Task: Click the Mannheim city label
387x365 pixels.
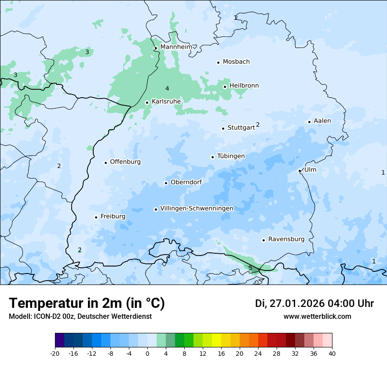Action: click(x=176, y=47)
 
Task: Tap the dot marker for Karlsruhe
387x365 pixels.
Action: click(x=147, y=102)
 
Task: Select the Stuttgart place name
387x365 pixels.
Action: click(x=241, y=128)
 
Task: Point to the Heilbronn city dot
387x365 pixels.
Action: click(x=225, y=87)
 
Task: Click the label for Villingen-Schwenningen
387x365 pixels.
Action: click(x=197, y=208)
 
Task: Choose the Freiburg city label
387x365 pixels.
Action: click(x=113, y=216)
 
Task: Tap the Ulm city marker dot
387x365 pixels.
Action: click(x=299, y=171)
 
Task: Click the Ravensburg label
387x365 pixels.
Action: click(x=286, y=239)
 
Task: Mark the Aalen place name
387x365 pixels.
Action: click(x=322, y=121)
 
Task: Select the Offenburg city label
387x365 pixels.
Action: click(x=125, y=162)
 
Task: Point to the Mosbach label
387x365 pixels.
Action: click(x=236, y=62)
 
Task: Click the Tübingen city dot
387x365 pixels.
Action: click(x=212, y=157)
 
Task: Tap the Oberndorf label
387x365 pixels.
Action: click(x=186, y=182)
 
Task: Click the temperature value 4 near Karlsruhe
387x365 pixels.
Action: click(x=167, y=89)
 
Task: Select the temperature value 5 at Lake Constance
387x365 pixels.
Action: click(x=250, y=268)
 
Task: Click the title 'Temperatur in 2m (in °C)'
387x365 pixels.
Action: click(x=87, y=303)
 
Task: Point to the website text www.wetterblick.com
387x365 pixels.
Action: click(x=317, y=316)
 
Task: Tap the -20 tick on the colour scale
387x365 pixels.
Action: click(x=55, y=353)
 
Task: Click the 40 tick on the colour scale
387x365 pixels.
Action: click(x=332, y=353)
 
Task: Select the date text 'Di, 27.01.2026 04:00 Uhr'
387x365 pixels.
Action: click(x=314, y=303)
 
